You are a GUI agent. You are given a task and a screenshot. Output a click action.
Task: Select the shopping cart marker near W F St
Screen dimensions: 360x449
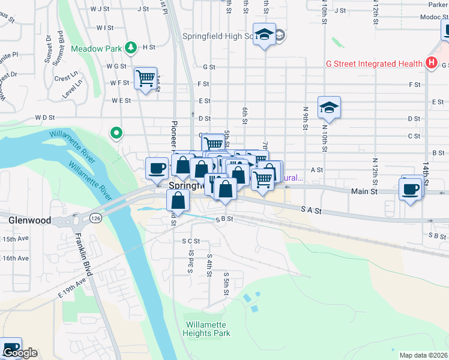pos(145,78)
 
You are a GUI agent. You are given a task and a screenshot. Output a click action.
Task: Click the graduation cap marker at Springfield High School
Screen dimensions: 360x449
pos(264,34)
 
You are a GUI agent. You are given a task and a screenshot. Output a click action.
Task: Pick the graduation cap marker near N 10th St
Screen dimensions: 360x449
pos(329,107)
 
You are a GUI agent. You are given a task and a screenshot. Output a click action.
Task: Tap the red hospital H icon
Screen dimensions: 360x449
pos(430,63)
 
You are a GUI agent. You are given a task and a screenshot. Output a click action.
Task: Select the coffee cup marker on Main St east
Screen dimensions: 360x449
pos(411,189)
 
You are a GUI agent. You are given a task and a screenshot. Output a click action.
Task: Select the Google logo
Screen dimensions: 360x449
pos(19,353)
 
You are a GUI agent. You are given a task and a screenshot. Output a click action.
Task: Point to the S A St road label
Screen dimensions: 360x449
pos(311,211)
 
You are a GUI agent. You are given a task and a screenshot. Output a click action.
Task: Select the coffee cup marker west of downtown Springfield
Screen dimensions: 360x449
pos(157,168)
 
